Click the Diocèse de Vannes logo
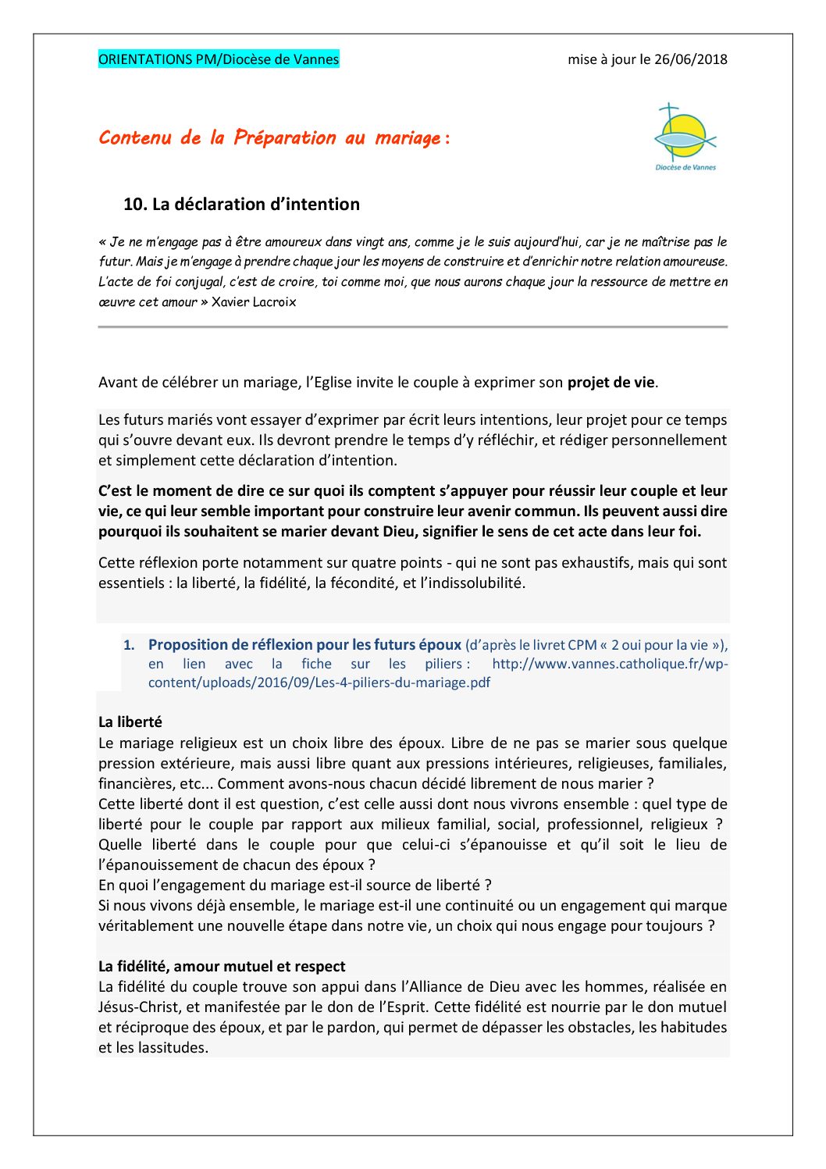685,137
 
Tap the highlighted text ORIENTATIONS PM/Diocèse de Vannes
219,59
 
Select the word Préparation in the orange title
285,138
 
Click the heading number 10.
135,205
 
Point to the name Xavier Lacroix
254,302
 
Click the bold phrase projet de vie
611,383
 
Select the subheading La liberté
130,722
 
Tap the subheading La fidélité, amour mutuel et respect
222,967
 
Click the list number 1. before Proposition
130,645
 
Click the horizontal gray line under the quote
412,327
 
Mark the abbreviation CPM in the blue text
582,645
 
